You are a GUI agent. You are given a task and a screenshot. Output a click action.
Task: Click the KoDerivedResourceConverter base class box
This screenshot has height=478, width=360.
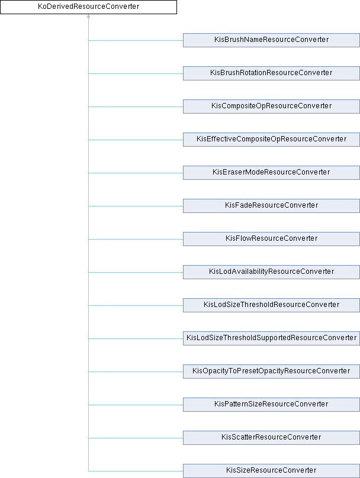tap(88, 7)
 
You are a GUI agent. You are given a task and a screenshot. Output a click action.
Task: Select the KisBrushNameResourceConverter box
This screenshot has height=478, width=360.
tap(271, 40)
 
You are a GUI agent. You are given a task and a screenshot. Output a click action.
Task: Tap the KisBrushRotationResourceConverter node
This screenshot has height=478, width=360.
tap(271, 73)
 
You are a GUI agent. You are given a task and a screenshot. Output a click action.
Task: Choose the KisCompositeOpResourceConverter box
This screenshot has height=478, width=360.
tap(271, 106)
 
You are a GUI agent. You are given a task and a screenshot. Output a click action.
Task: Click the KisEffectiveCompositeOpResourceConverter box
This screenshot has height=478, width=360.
tap(271, 139)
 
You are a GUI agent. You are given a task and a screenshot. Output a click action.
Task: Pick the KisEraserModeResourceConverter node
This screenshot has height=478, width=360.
tap(271, 172)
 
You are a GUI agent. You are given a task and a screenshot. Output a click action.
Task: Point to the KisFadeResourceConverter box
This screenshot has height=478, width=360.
tap(271, 205)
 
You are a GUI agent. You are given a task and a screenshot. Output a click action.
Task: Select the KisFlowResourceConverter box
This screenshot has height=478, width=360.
tap(271, 238)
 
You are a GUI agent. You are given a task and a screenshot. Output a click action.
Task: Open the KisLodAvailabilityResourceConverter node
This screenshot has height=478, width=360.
tap(271, 272)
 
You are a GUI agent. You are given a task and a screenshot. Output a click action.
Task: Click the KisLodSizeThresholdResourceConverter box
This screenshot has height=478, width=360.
tap(271, 305)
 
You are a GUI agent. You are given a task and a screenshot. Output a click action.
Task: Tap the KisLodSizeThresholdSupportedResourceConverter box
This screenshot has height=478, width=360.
tap(271, 338)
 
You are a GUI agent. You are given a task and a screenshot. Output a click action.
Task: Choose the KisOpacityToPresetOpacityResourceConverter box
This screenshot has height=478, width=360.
tap(271, 371)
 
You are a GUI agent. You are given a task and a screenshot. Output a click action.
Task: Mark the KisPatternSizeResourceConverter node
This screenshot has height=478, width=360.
tap(271, 404)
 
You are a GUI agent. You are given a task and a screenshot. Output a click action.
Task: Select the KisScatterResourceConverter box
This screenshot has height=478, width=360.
tap(271, 437)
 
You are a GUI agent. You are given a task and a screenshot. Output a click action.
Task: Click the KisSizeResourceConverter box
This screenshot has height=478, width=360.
tap(271, 470)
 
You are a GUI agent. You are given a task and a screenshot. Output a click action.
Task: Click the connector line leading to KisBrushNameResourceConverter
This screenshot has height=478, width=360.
tap(136, 40)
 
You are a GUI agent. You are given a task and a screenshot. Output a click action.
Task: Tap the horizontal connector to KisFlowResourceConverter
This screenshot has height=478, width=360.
tap(136, 239)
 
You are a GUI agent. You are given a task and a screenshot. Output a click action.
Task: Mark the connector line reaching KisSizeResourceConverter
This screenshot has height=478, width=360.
tap(136, 471)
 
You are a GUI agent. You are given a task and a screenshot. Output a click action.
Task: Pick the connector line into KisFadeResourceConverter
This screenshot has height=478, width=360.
tap(136, 206)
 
